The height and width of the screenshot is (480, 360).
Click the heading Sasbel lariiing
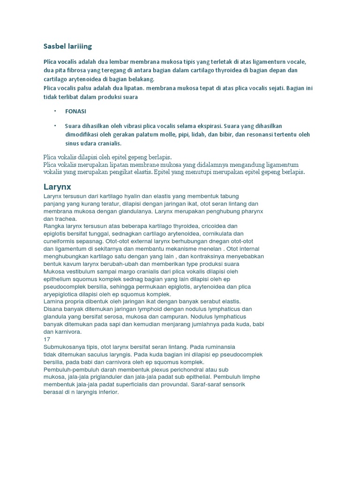point(67,46)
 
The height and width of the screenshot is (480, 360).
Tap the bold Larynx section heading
point(57,187)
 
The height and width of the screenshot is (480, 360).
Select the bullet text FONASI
point(75,112)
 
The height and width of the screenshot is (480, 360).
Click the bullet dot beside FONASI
point(55,111)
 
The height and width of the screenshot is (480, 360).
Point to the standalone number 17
point(46,339)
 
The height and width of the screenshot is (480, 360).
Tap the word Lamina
point(53,301)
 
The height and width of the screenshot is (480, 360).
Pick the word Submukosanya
point(65,346)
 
